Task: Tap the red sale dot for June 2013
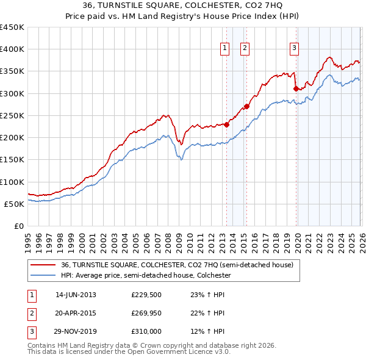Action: click(x=226, y=124)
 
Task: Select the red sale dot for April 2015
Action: click(x=246, y=106)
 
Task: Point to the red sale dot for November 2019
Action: click(x=296, y=88)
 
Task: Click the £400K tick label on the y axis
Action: click(x=12, y=49)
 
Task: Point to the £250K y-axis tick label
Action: click(x=12, y=115)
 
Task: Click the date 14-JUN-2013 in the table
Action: click(x=76, y=295)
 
